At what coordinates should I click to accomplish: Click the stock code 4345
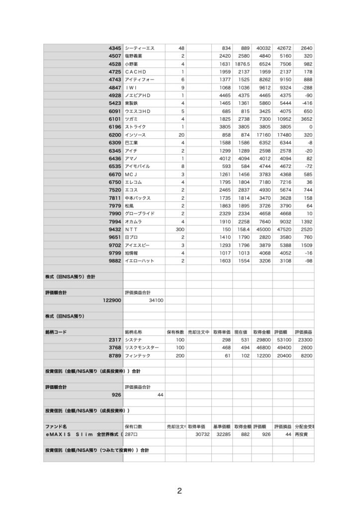(114, 48)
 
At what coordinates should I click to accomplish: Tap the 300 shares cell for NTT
(180, 230)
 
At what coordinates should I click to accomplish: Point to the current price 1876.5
(242, 64)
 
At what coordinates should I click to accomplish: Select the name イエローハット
(140, 261)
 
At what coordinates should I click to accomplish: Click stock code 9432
(114, 230)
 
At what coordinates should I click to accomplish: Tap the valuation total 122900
(111, 300)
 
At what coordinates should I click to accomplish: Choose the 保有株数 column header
(176, 332)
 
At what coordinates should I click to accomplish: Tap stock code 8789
(114, 355)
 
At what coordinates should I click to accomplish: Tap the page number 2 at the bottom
(180, 492)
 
